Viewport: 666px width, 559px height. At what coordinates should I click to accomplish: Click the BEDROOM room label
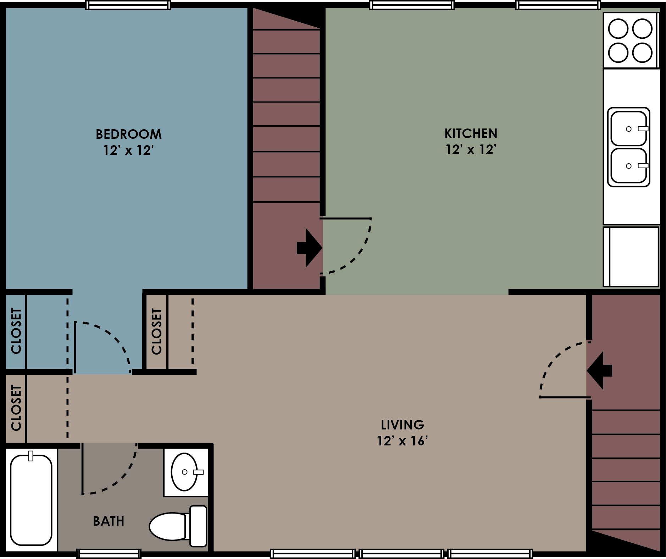128,134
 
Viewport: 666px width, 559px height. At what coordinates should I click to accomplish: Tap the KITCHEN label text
471,133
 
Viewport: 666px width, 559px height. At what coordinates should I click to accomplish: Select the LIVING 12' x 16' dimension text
402,441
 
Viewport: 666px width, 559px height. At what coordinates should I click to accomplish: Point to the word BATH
109,521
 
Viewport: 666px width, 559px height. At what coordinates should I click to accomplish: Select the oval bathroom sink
184,472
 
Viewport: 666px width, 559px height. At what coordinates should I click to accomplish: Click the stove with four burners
630,40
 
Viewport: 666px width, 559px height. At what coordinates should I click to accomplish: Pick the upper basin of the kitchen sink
629,128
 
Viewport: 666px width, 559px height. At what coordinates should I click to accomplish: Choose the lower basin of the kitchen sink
629,166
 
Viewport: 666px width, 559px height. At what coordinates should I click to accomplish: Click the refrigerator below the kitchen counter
631,256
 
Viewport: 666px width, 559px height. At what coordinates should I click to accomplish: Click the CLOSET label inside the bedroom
16,331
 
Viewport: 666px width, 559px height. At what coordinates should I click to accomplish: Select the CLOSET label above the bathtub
16,408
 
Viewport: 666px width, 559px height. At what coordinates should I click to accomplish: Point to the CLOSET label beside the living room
156,331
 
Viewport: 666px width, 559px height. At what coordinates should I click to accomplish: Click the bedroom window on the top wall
128,5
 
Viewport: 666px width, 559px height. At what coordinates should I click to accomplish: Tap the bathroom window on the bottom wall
109,554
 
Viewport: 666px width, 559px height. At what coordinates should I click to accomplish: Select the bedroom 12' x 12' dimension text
128,150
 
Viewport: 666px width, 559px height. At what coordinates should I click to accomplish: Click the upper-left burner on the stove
618,29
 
